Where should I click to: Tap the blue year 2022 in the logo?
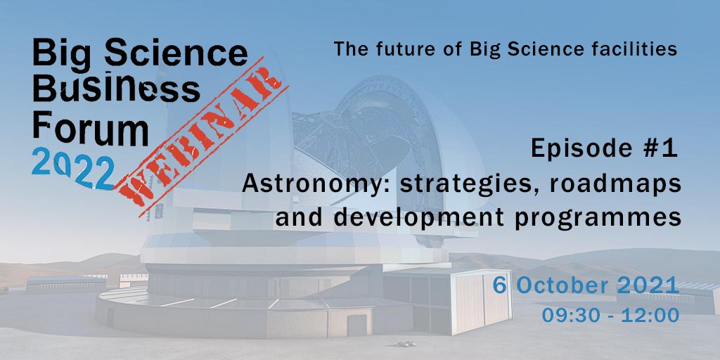(x=73, y=169)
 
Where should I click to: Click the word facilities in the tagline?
(x=637, y=49)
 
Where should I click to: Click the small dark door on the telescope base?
(x=356, y=325)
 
